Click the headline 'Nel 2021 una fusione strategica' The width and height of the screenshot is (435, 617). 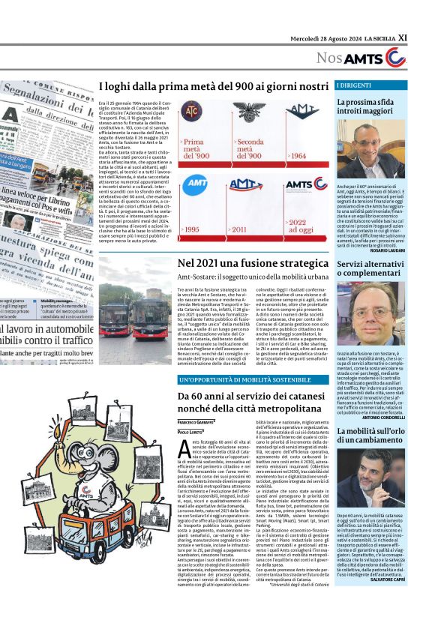tap(253, 264)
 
